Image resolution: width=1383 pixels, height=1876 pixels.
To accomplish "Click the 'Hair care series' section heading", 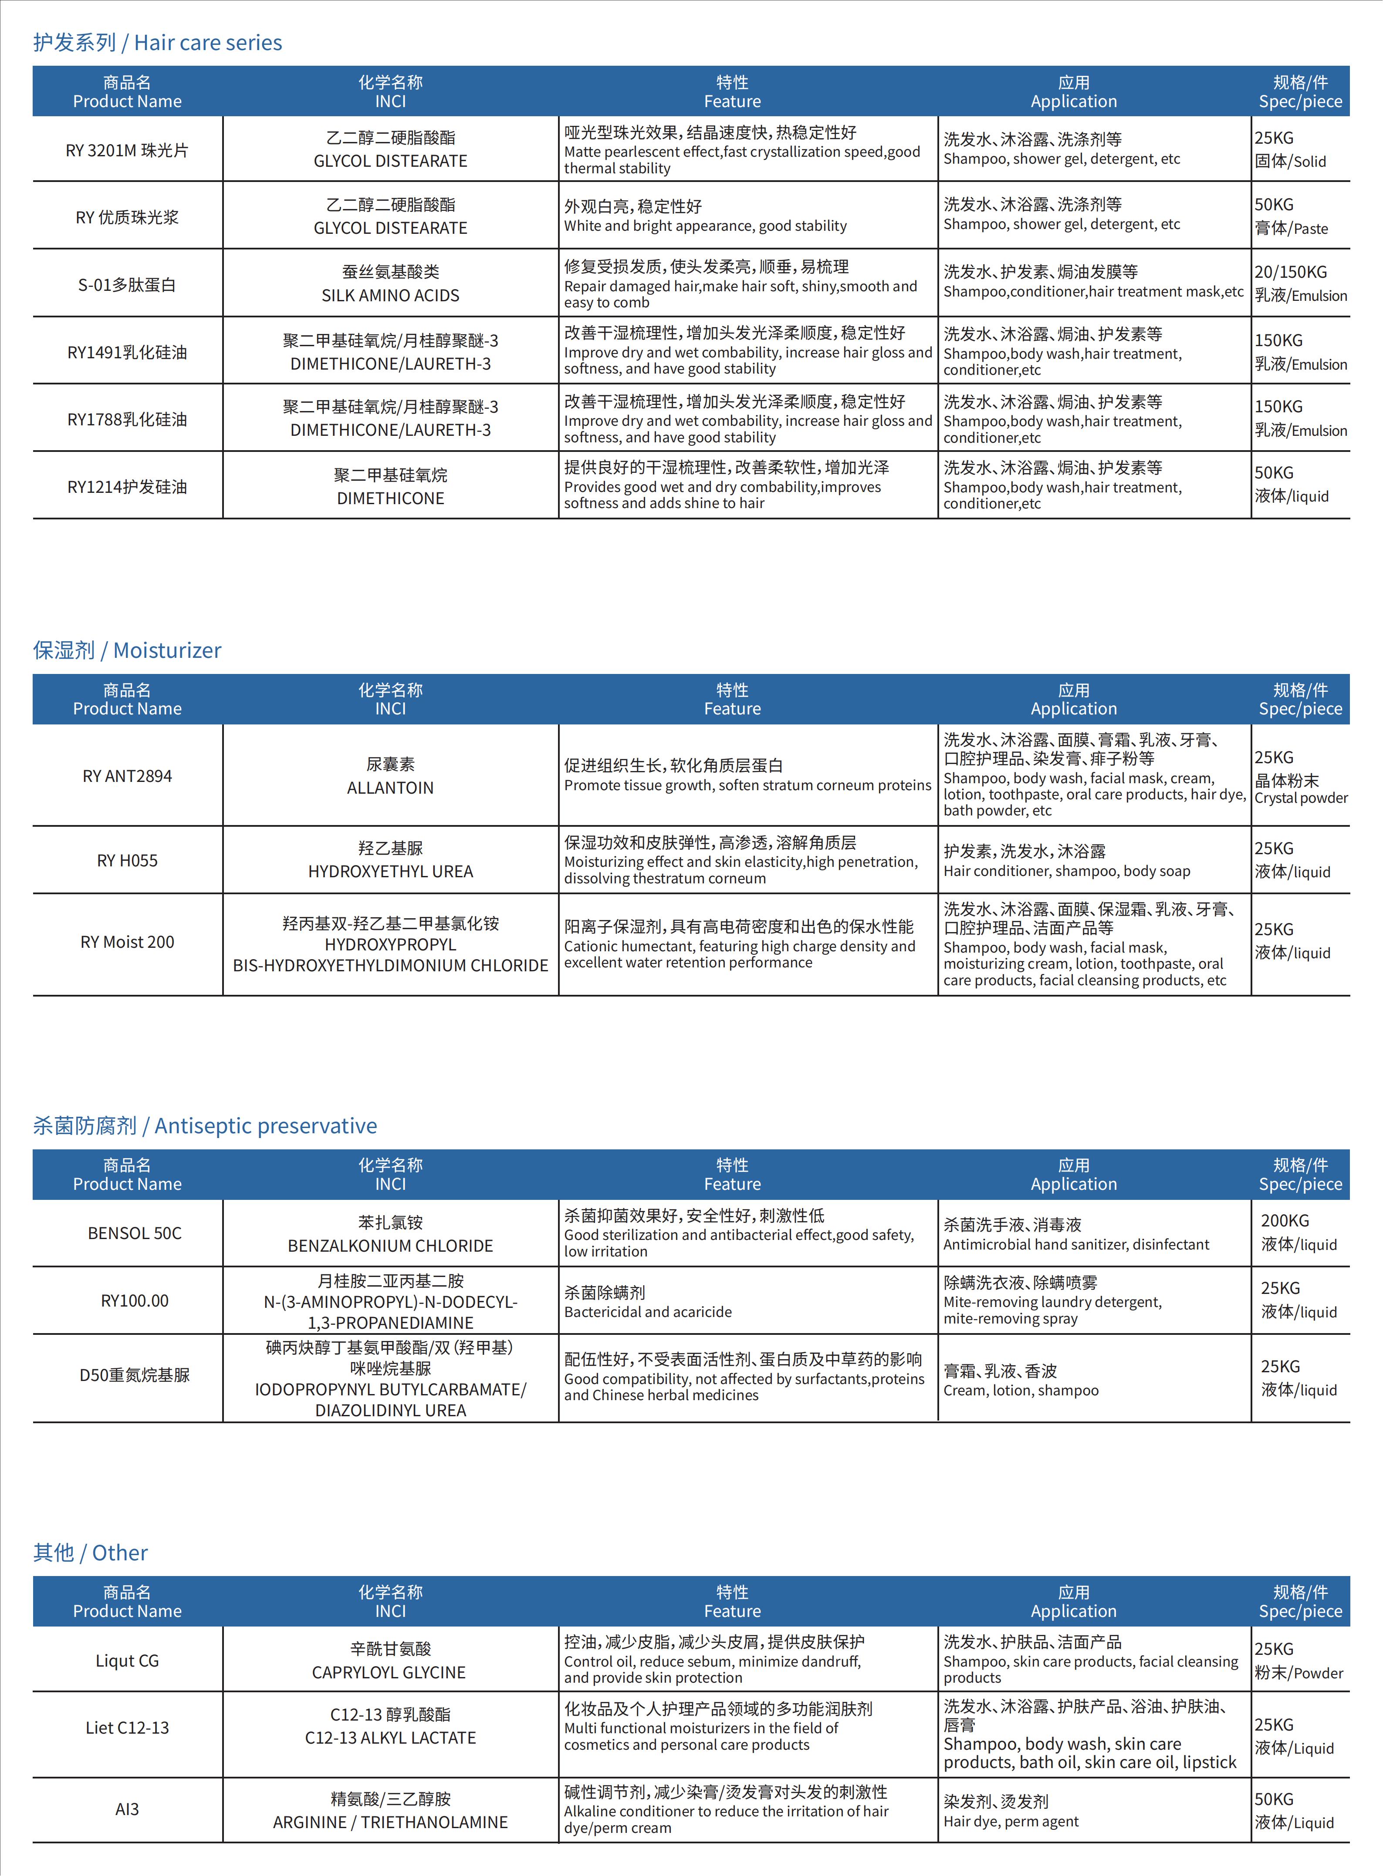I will pos(157,43).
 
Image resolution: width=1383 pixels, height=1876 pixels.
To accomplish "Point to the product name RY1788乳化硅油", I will pos(127,419).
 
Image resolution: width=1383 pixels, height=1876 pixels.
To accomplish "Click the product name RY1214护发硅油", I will pos(127,487).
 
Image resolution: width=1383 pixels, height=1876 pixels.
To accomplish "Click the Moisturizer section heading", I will pos(127,650).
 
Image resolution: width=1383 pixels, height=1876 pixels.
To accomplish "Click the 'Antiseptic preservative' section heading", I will pos(205,1125).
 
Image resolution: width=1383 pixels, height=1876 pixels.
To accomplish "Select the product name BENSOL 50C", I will pos(134,1233).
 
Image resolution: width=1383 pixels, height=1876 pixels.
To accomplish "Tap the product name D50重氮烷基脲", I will pos(134,1375).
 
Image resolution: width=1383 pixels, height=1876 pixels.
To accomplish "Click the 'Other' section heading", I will pos(91,1553).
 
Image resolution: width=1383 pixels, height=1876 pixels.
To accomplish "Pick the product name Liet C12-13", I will pos(127,1728).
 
